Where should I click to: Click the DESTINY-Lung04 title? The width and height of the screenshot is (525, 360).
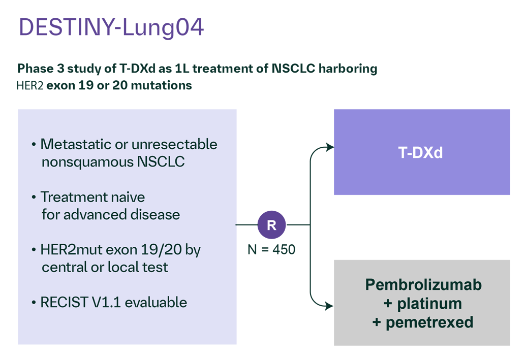point(111,27)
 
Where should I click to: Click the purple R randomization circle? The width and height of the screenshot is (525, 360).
point(271,225)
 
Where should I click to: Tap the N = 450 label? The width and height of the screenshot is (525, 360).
point(271,250)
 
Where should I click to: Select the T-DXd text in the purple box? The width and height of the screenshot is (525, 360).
point(420,152)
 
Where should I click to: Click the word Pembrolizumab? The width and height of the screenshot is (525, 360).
point(423,285)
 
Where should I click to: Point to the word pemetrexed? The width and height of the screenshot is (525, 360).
point(429,322)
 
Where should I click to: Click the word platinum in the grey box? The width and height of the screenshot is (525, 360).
point(429,304)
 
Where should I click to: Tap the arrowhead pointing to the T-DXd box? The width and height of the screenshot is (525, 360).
point(330,147)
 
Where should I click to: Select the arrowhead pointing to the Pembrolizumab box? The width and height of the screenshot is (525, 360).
point(329,306)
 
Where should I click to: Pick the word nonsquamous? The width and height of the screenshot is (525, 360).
point(88,162)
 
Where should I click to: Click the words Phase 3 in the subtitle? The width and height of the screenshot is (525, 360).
point(41,68)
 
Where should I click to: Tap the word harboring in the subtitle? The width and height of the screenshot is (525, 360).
point(348,69)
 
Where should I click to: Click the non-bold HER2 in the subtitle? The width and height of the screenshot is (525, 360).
point(30,86)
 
